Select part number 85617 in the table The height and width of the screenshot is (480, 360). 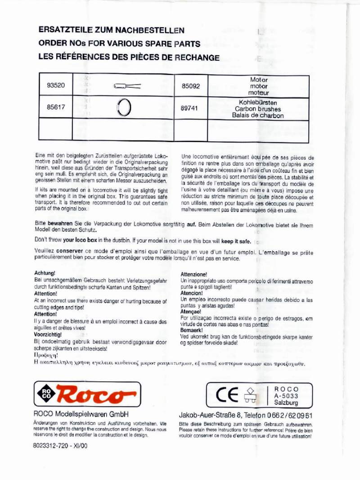coord(56,108)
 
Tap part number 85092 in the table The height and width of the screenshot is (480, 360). coord(190,86)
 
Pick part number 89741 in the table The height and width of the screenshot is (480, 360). coord(189,108)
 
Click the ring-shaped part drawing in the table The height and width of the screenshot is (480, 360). coord(124,108)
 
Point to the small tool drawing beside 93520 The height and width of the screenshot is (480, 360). coord(127,86)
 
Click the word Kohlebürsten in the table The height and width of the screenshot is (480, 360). coord(258,102)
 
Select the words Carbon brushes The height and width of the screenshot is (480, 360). coord(258,109)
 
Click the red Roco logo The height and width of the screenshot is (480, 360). coord(88,394)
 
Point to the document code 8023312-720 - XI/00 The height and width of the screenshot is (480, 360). coord(60,446)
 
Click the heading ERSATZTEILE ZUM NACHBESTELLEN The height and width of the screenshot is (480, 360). coord(112,31)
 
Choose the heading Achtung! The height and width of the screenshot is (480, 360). coord(45,273)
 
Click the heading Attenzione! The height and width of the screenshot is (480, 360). coord(194,274)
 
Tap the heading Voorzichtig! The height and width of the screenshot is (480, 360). coord(48,335)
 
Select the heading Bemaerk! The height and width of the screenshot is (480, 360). coord(192,330)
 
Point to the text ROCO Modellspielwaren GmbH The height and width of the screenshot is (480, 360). coord(81,414)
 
